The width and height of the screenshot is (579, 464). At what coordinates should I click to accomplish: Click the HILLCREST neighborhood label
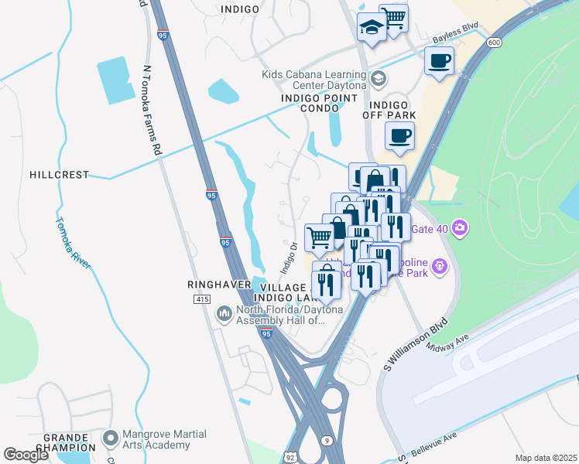coord(60,176)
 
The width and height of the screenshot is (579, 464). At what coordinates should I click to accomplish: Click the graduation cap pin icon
coord(372,29)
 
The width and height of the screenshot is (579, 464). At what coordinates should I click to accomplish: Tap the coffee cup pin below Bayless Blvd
coord(439,60)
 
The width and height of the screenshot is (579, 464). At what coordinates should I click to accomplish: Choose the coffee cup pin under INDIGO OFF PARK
coord(399,136)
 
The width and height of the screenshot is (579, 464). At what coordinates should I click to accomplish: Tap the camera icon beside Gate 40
coord(460,227)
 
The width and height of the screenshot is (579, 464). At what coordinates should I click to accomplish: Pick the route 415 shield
coord(202,299)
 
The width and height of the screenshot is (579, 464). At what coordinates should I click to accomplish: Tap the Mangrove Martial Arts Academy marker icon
coord(110,438)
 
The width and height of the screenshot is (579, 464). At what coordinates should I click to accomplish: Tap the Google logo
coord(26,455)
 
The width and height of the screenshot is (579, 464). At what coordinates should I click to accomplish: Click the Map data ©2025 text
coord(545,458)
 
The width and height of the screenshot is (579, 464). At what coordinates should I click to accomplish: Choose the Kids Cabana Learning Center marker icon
coord(379,77)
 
